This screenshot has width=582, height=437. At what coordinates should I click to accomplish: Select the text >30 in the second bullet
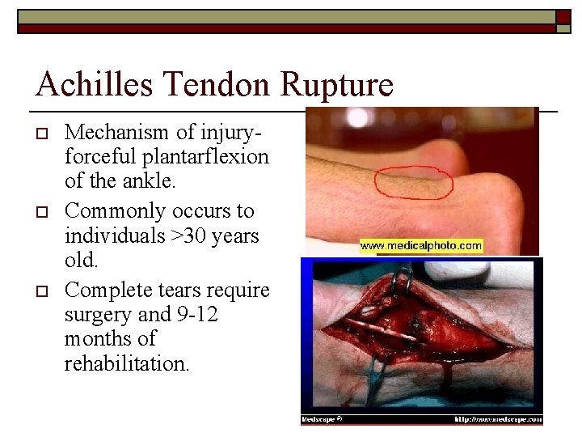click(x=173, y=235)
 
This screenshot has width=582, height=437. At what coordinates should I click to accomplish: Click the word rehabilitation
click(x=127, y=364)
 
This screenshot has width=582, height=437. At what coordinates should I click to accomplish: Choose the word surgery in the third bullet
click(x=96, y=313)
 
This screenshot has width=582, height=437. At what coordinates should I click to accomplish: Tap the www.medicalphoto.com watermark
click(x=420, y=245)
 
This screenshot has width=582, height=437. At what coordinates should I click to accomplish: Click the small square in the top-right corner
click(x=563, y=16)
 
